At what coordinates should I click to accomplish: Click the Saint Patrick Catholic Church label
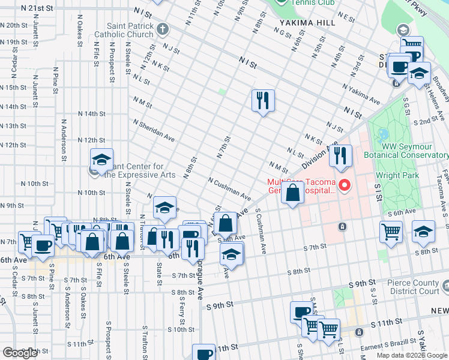click(x=130, y=30)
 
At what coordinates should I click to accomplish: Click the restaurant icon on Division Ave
click(x=340, y=156)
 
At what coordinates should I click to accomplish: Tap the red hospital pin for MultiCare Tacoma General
click(x=345, y=185)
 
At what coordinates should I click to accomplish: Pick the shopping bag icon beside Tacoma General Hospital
click(x=292, y=194)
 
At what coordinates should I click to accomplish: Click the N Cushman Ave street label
click(x=229, y=188)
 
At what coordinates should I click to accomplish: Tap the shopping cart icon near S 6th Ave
click(x=391, y=231)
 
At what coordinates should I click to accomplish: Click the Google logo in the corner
click(x=20, y=353)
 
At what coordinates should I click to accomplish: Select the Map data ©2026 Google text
click(x=412, y=355)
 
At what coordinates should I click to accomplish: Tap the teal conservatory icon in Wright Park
click(x=382, y=134)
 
